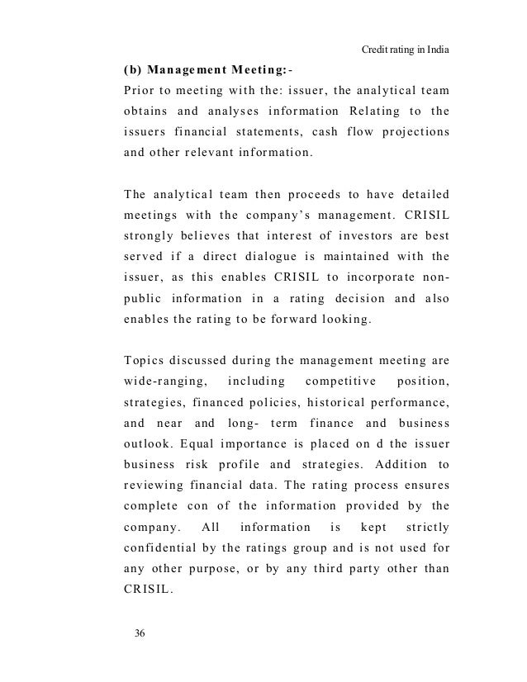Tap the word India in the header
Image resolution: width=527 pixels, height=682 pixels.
pos(436,50)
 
